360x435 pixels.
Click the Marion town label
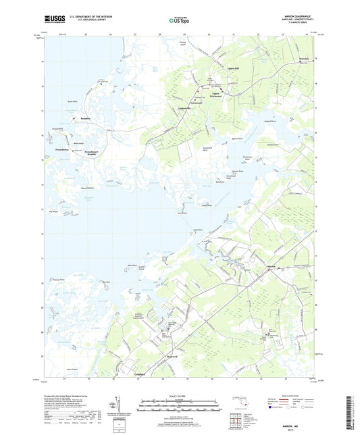point(272,267)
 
